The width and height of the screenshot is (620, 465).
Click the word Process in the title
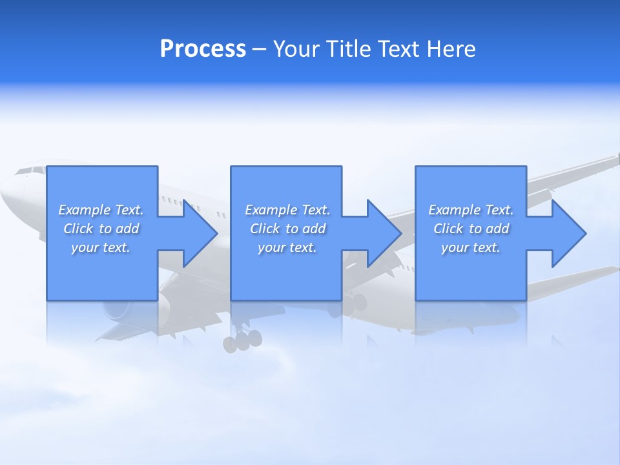click(203, 49)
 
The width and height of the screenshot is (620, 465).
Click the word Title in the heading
click(346, 49)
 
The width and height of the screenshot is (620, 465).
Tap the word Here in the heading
click(451, 49)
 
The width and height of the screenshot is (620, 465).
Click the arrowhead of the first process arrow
click(201, 233)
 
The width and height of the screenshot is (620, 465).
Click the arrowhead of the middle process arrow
click(385, 233)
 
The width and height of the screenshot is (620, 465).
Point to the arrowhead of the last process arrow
click(569, 233)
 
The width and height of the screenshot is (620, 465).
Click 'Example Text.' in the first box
click(101, 210)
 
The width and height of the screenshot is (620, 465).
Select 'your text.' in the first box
click(101, 247)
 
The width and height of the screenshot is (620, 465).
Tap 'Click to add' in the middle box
click(287, 229)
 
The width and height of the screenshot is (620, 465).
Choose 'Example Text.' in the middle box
click(287, 210)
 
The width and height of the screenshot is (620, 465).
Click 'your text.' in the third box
click(471, 247)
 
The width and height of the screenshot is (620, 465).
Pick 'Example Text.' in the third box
click(471, 210)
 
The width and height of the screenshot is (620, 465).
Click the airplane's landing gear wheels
click(242, 340)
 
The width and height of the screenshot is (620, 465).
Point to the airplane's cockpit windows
click(30, 171)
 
